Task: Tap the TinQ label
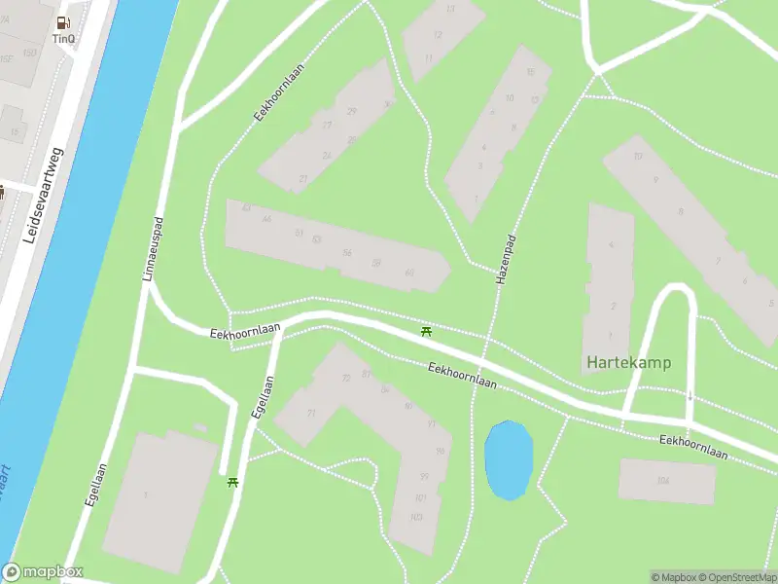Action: click(x=64, y=39)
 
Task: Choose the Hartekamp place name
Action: click(x=628, y=363)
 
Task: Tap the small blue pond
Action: click(x=509, y=459)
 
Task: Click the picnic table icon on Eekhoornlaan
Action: click(x=426, y=333)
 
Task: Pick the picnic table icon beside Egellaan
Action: click(x=232, y=482)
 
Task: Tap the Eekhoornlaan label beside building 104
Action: click(x=693, y=447)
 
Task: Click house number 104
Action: click(x=663, y=480)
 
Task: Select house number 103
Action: click(x=417, y=517)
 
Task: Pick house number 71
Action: click(x=311, y=414)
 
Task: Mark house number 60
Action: click(x=409, y=273)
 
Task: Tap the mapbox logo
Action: click(x=43, y=572)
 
